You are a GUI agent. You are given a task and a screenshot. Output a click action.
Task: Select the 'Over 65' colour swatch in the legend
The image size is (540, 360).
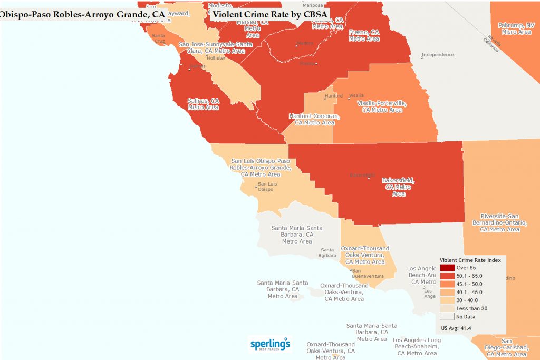(448, 268)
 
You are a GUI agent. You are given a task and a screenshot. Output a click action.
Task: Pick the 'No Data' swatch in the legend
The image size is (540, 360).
(448, 316)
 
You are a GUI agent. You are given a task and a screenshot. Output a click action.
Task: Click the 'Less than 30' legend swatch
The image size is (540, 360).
(448, 308)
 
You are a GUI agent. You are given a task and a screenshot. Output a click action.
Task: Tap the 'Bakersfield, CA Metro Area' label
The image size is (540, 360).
(398, 187)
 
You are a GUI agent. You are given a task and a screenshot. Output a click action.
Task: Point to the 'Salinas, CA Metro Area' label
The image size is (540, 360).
(203, 104)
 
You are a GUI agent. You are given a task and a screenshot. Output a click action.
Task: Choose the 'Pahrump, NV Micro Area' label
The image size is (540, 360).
(516, 28)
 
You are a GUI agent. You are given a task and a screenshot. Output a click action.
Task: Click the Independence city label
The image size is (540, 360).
(437, 55)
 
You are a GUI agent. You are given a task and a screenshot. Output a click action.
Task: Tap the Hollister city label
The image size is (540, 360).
(216, 58)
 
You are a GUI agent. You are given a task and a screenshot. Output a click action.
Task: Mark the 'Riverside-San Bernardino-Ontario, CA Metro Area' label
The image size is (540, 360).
(500, 222)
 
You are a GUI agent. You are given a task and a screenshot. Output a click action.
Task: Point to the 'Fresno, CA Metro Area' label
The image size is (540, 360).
(364, 35)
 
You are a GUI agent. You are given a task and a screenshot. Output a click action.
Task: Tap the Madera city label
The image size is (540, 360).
(305, 44)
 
